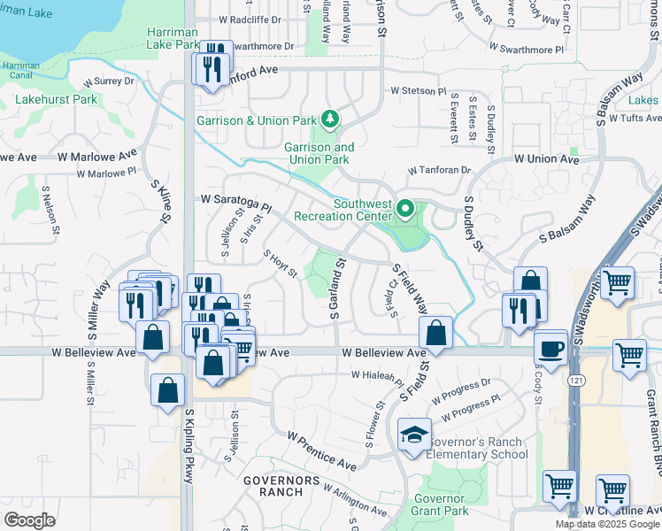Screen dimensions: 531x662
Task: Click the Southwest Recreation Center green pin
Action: click(x=405, y=210)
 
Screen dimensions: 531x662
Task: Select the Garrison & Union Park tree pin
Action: click(x=329, y=118)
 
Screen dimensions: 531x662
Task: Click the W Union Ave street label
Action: click(x=547, y=159)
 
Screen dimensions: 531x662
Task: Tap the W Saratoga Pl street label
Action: click(x=235, y=201)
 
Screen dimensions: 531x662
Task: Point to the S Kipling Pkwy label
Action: click(x=189, y=446)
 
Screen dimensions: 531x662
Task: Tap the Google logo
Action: click(x=30, y=520)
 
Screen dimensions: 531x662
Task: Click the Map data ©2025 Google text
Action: click(x=608, y=524)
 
